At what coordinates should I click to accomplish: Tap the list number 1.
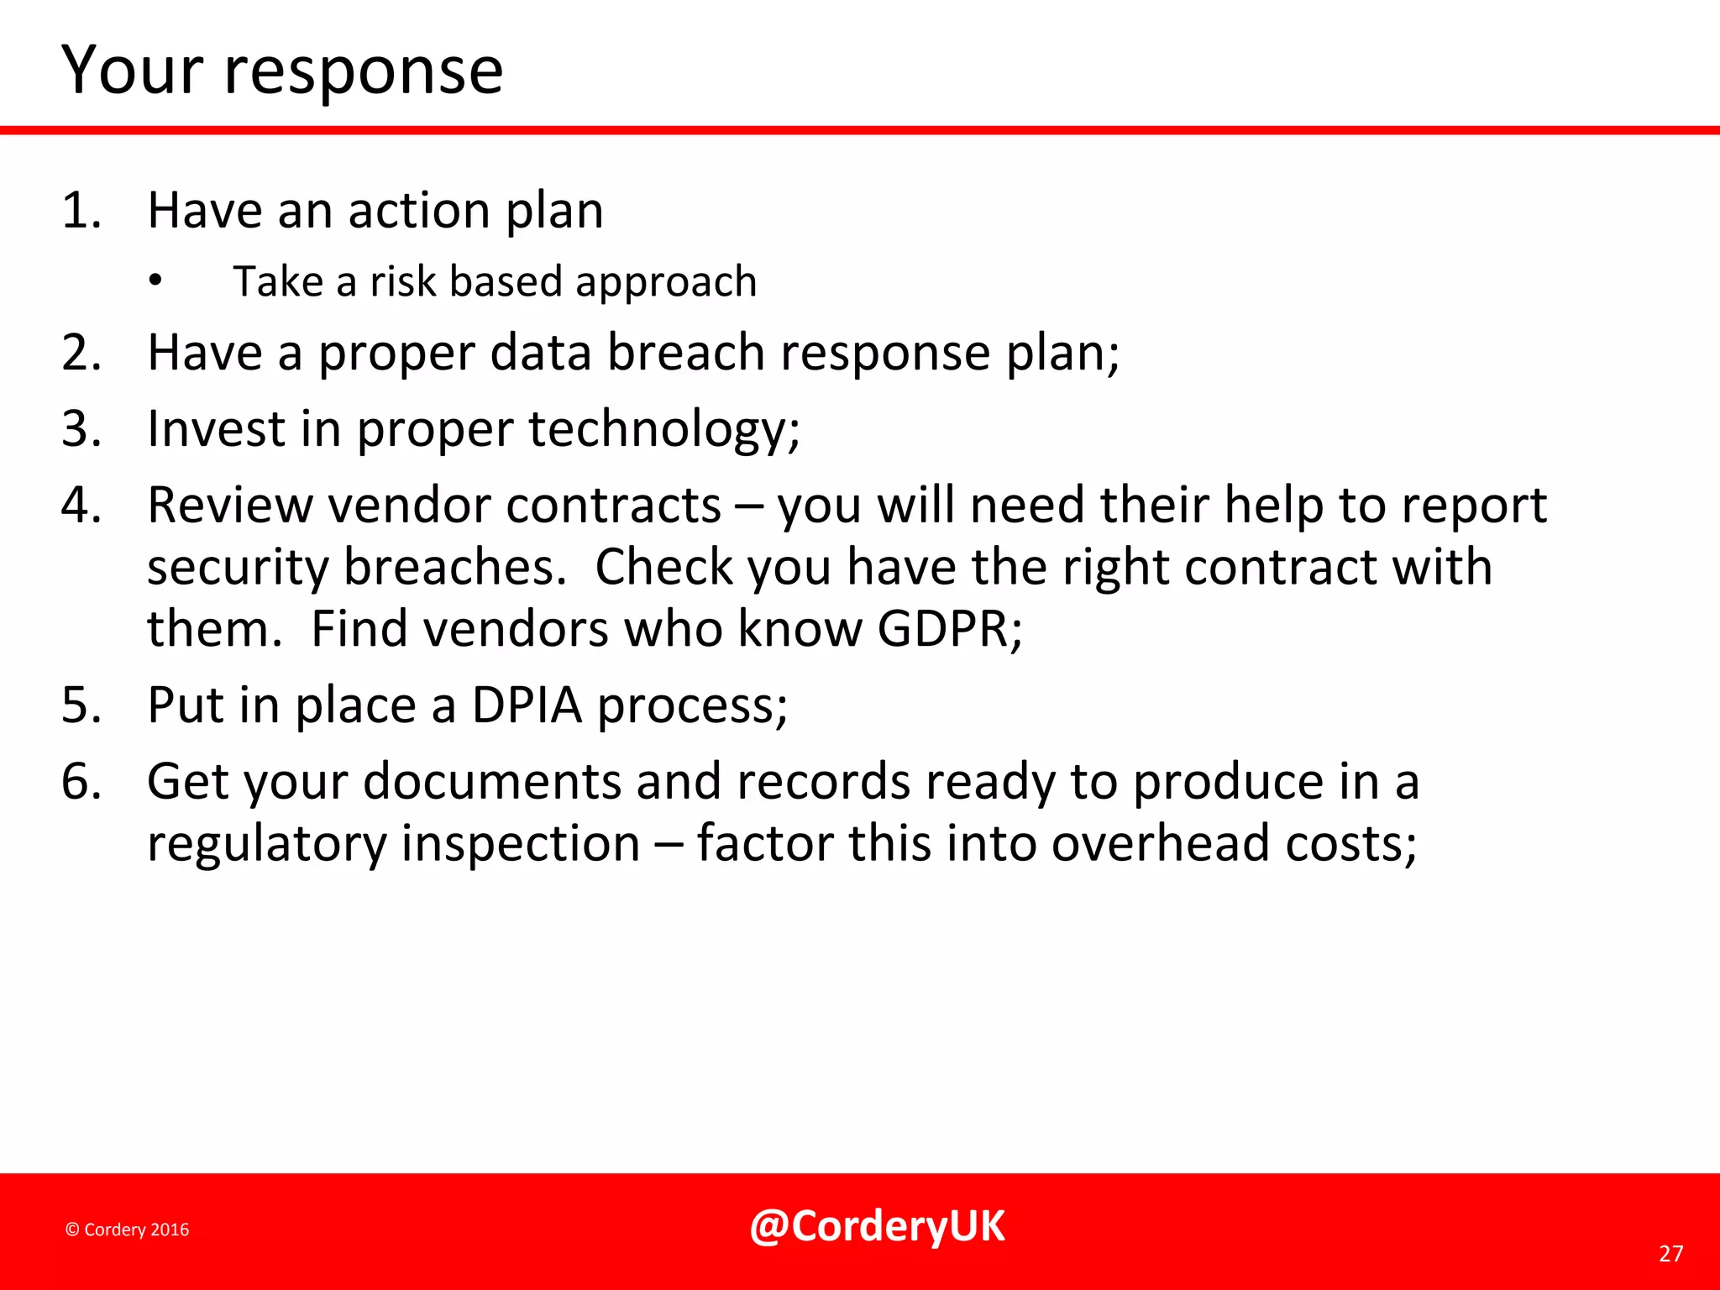tap(81, 210)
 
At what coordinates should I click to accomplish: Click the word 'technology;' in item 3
tap(663, 430)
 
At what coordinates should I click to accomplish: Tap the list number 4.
tap(81, 506)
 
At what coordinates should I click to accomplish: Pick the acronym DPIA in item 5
tap(527, 705)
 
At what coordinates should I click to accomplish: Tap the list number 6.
tap(81, 782)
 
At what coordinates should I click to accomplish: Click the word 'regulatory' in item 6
tap(266, 845)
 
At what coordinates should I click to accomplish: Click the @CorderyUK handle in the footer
tap(877, 1227)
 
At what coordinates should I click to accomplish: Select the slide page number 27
tap(1670, 1254)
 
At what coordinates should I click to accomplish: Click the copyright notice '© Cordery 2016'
tap(127, 1230)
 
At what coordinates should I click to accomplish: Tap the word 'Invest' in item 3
tap(216, 429)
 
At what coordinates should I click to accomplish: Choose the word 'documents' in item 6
tap(492, 782)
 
